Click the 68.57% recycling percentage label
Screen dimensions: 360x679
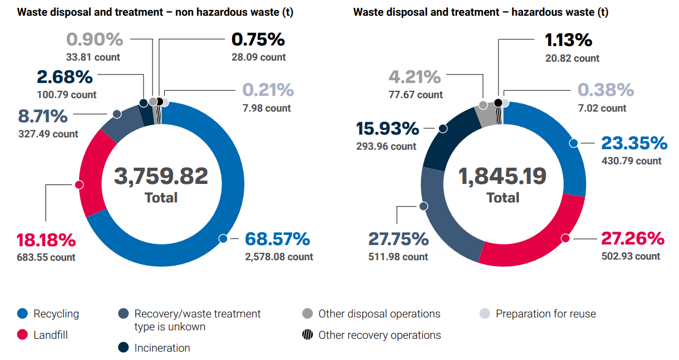(x=277, y=239)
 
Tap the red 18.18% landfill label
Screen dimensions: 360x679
(x=45, y=240)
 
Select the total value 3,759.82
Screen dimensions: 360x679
(x=161, y=176)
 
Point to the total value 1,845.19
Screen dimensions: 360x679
(x=502, y=176)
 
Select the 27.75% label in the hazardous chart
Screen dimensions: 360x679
(x=398, y=239)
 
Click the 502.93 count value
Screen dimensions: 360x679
(x=631, y=256)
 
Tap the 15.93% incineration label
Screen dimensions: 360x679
(x=387, y=128)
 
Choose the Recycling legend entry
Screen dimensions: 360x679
(x=56, y=314)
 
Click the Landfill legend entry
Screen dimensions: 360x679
(x=50, y=335)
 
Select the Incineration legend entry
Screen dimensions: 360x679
(x=162, y=348)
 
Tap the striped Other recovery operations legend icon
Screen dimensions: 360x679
(x=307, y=335)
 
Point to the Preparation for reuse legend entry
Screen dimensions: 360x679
(x=545, y=314)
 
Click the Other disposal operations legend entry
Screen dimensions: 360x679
(x=379, y=314)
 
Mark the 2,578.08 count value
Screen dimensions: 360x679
(x=279, y=257)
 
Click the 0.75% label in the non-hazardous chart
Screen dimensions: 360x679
(x=258, y=40)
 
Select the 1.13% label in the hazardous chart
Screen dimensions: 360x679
(x=569, y=40)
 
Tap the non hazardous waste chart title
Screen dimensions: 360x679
(x=155, y=12)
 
